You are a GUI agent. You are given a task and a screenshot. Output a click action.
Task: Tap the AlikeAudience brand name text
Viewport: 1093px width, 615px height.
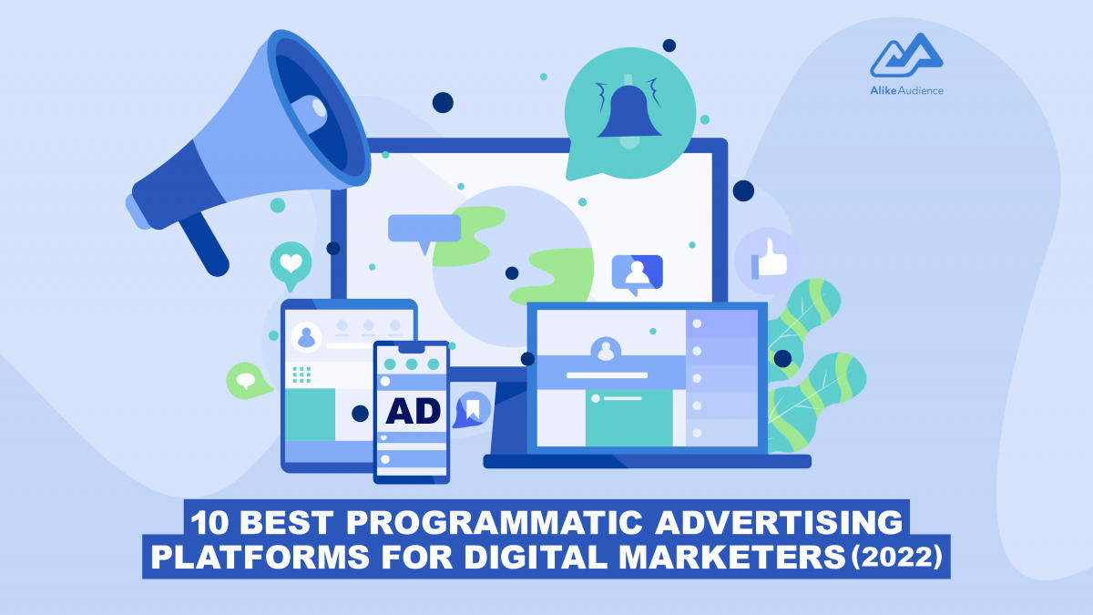906,90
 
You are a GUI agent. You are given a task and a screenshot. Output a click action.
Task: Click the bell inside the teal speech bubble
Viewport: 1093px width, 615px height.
629,111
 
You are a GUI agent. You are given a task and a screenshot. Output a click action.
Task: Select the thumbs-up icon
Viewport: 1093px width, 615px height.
769,261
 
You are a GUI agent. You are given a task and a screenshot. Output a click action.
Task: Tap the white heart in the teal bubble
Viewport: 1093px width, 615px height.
291,263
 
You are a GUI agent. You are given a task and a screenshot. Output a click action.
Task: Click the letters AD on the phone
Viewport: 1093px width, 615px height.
413,411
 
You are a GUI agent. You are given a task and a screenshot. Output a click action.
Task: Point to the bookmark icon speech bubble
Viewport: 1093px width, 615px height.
472,409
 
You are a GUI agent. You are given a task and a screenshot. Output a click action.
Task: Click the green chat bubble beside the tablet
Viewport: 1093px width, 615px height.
248,381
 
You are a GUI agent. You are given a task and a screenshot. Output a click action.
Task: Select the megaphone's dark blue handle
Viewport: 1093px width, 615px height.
205,244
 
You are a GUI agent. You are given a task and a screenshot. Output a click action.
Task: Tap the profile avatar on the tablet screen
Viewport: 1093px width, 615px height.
306,337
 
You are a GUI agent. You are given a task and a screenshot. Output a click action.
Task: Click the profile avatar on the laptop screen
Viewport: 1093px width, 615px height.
606,350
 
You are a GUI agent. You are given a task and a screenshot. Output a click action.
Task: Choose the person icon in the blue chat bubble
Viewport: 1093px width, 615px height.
638,272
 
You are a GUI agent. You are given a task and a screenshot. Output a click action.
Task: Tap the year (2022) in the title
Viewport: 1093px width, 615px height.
896,557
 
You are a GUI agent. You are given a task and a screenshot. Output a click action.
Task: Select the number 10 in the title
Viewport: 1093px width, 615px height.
209,523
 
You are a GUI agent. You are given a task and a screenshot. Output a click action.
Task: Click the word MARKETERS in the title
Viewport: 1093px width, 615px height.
732,557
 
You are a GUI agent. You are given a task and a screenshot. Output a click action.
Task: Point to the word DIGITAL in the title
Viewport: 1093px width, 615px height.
536,557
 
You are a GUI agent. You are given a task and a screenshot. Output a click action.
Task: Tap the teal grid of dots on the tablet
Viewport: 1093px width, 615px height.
301,374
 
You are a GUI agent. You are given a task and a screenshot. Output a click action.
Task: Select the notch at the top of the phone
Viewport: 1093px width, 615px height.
412,348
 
